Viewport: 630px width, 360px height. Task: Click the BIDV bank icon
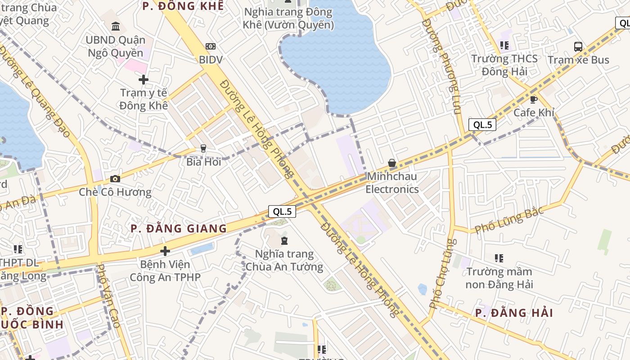coord(210,46)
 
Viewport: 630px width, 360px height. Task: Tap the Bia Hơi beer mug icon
coord(203,148)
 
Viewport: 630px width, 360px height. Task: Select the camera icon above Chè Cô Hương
coord(115,179)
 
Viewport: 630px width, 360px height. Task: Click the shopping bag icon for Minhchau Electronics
coord(392,163)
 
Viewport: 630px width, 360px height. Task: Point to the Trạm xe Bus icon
coord(578,46)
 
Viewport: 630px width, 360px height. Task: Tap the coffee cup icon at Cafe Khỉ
coord(534,99)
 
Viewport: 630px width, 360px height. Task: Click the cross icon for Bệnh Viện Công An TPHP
coord(165,251)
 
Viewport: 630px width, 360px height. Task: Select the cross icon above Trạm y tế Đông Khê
coord(144,80)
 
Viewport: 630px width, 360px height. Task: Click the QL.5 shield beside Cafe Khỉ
coord(482,125)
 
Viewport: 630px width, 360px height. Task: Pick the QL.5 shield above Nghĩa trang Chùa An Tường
coord(282,211)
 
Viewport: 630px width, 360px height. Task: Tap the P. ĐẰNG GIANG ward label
coord(179,229)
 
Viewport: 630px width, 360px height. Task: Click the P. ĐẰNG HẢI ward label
coord(514,313)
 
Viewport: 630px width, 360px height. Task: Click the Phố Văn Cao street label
coord(108,296)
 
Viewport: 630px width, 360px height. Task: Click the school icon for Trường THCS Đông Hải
coord(504,45)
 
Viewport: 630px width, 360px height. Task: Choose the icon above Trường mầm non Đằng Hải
coord(499,258)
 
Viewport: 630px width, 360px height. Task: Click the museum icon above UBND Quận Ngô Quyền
coord(116,27)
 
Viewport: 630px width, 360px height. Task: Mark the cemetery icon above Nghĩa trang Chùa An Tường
coord(284,241)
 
